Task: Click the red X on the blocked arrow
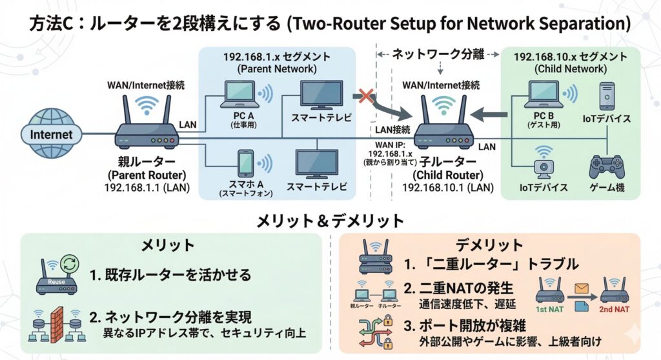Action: pos(367,97)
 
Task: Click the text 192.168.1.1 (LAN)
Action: pos(147,188)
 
